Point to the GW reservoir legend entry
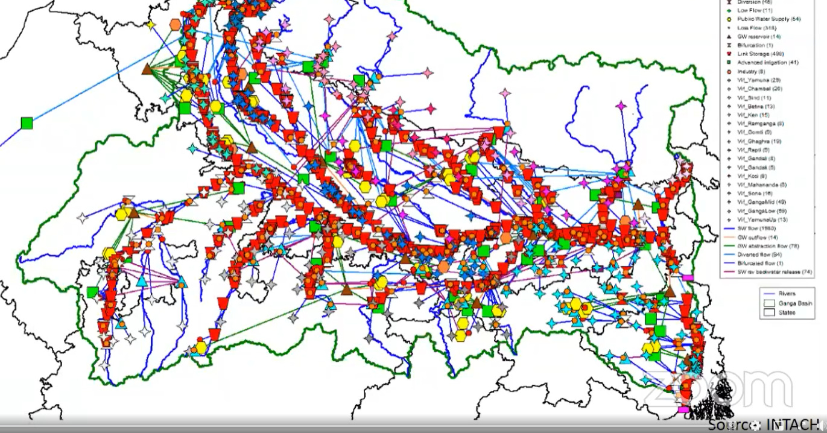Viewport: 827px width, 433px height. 759,36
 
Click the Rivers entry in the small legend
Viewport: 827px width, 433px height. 786,294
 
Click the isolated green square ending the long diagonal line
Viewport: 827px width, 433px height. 26,123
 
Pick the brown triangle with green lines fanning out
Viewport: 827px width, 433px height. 147,69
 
